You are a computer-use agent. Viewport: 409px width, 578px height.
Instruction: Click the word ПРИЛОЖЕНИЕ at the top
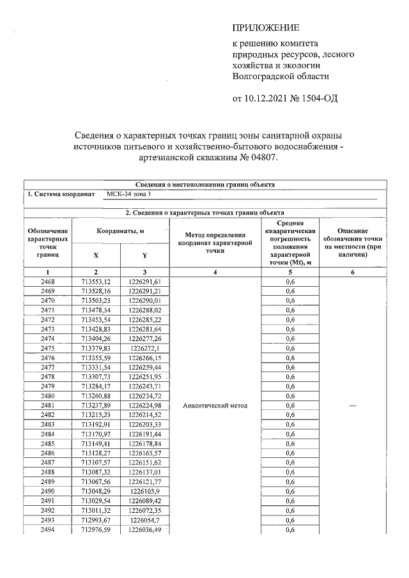(265, 28)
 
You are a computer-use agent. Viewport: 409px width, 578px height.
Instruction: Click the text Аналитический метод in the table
(215, 406)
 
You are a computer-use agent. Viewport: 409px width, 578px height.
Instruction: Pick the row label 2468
(47, 282)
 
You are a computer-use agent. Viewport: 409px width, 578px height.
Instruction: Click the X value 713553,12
(96, 282)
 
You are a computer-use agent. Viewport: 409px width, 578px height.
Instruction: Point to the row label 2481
(47, 406)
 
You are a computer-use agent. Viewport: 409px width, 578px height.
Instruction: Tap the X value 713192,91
(96, 424)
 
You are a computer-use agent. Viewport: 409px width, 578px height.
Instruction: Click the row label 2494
(47, 529)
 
